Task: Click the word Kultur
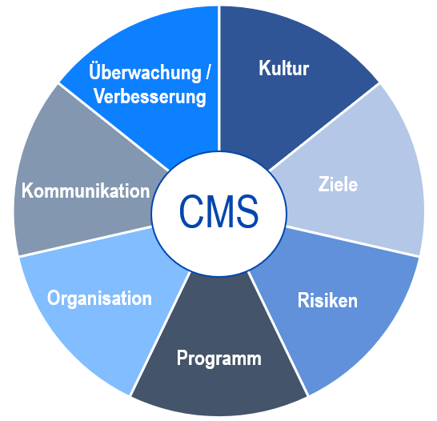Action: coord(283,68)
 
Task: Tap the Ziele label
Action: coord(338,184)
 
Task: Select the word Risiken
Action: coord(327,300)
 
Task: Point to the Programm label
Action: coord(219,359)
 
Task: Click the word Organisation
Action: coord(99,299)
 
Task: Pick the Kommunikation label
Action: coord(86,190)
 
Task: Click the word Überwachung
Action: coord(145,72)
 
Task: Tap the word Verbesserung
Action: coord(150,97)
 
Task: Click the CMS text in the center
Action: coord(218,211)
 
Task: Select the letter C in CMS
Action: coord(191,211)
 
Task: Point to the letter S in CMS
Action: coord(247,211)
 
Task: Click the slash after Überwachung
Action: coord(208,72)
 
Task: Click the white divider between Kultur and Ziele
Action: coord(324,126)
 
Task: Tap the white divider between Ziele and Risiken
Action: coord(352,241)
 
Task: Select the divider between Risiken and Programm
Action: coord(278,333)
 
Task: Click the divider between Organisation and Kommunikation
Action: coord(86,241)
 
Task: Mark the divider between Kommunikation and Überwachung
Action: coord(114,126)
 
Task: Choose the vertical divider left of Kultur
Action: coord(219,78)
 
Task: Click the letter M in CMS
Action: coord(220,211)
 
